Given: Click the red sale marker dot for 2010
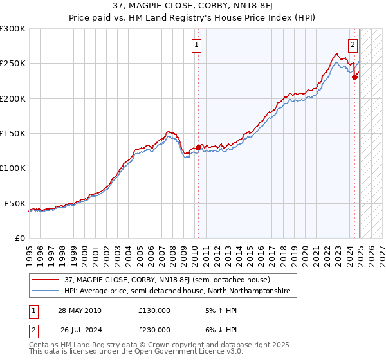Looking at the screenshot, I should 198,147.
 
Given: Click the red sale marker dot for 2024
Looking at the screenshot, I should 354,78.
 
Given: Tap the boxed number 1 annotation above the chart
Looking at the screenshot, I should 196,45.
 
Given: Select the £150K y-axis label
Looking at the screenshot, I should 13,134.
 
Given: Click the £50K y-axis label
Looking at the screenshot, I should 15,203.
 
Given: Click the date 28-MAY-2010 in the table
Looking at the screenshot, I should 79,310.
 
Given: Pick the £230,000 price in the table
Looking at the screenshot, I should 154,330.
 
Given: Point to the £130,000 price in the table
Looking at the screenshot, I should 154,310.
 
